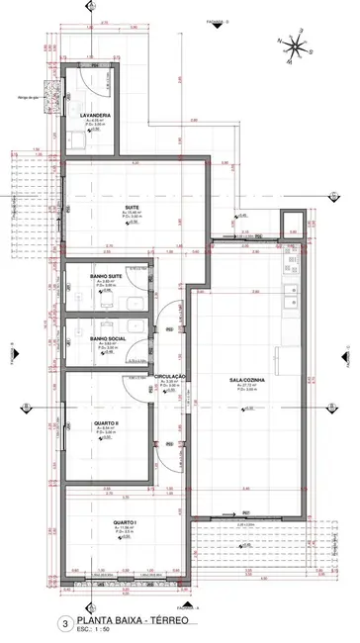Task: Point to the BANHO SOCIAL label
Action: click(x=106, y=338)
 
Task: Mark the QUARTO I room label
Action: click(x=125, y=523)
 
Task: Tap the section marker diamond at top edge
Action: click(x=90, y=9)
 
